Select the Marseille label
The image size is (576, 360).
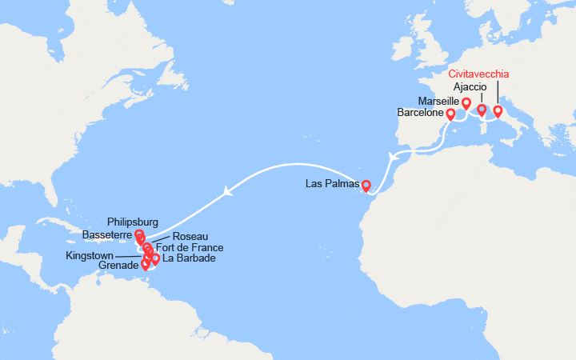point(438,102)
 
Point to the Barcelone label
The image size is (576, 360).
point(420,114)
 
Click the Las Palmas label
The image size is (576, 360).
point(332,185)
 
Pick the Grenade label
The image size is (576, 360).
point(119,266)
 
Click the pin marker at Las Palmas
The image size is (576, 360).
point(366,186)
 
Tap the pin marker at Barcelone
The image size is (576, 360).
point(450,114)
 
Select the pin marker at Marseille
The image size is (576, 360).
point(466,102)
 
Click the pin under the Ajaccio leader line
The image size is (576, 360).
point(482,110)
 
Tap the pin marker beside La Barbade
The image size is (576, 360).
point(155,258)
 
